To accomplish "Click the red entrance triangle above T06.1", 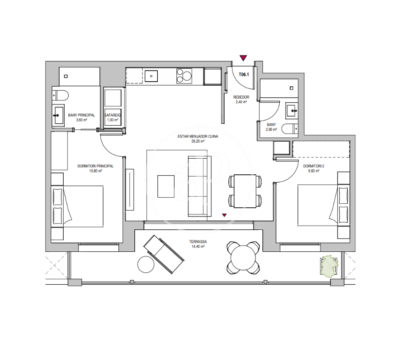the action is point(243,58).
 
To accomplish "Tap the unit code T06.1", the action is point(243,75).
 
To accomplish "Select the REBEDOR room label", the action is point(241,97).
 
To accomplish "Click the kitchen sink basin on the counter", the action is point(151,76).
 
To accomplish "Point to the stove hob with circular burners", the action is point(184,76).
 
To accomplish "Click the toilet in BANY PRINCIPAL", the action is point(61,95).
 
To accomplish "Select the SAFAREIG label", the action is point(113,115).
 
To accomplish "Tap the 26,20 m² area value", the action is point(198,141).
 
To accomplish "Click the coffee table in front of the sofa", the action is point(166,186).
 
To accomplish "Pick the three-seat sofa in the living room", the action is point(199,186).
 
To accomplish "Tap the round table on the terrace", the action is point(243,258).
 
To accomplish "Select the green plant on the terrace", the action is point(330,266).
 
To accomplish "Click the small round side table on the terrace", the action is point(146,264).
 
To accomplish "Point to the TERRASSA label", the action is point(198,242).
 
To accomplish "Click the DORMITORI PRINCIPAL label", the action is point(95,166).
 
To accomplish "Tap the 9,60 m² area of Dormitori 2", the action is point(314,171).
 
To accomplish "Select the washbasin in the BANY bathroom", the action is point(292,111).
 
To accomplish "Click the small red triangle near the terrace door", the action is point(224,215).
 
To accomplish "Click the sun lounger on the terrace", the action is point(164,254).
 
